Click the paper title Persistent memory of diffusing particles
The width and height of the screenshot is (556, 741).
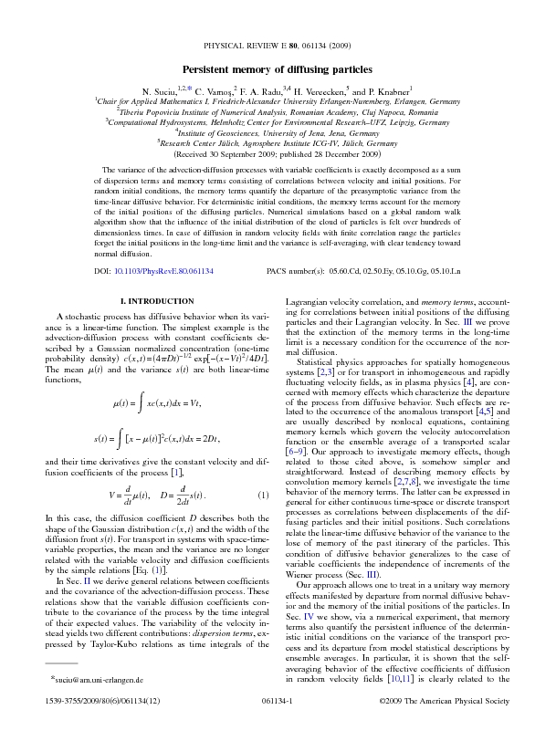tap(278, 70)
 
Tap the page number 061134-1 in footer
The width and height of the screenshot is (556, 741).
tap(278, 726)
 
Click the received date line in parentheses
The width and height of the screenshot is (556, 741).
tap(278, 154)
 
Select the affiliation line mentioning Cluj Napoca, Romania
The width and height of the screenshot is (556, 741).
tap(278, 110)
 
